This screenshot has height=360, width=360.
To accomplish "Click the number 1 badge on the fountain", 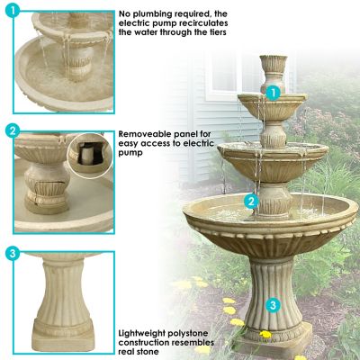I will pos(271,92).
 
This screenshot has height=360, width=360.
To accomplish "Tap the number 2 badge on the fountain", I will pos(253,202).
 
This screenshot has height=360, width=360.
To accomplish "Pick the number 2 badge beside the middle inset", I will pos(13,131).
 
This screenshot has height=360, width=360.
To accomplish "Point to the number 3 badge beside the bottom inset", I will pos(13,254).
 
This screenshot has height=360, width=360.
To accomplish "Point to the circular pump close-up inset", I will pos(89,153).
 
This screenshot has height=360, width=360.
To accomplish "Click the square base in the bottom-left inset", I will pos(60,337).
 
